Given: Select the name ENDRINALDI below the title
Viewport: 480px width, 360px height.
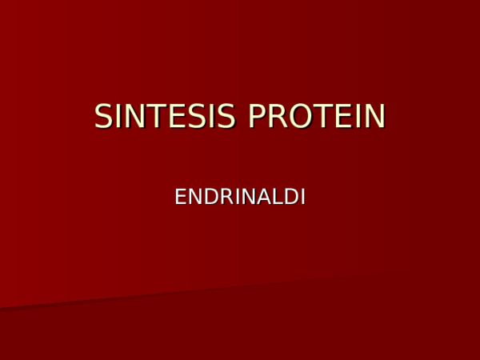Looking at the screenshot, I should [x=240, y=197].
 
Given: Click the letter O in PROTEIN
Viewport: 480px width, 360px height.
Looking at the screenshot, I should [x=298, y=117].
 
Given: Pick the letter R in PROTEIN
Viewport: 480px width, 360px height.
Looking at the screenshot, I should [x=276, y=117].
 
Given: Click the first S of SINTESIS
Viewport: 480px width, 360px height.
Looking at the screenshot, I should [x=104, y=117].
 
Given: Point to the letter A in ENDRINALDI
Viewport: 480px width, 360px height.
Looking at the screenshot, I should [x=258, y=197].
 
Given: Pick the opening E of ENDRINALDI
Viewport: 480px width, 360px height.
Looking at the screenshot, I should [x=181, y=197].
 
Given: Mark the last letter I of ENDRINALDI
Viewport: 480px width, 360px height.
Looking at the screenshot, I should [x=302, y=197].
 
